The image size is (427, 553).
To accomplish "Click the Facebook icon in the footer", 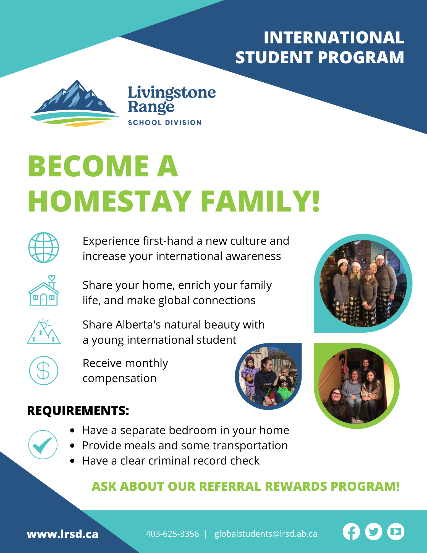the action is coord(351,532).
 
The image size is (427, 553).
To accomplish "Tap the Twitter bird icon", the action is coord(374,532).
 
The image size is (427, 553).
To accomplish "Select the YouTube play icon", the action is coord(396,532).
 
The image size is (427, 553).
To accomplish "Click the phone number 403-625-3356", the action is coord(172,534).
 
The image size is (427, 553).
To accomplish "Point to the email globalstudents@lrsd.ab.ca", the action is coord(266,534).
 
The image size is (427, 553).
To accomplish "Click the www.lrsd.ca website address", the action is coord(62,534).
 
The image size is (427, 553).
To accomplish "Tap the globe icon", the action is coord(44,247).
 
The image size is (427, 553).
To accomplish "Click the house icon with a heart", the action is coord(44,290).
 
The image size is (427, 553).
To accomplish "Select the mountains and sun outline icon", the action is coord(44,331).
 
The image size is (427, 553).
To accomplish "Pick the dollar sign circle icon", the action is coord(44,371).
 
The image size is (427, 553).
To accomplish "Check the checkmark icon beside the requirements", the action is coord(43,445).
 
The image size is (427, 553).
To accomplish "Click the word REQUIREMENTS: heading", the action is coord(78,411).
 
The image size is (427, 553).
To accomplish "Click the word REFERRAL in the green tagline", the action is coord(230,486).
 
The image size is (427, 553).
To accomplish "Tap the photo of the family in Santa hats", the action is coord(363,283).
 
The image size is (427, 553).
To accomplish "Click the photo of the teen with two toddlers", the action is coord(268,376).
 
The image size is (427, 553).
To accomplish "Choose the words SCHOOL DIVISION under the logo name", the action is coord(165,122).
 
